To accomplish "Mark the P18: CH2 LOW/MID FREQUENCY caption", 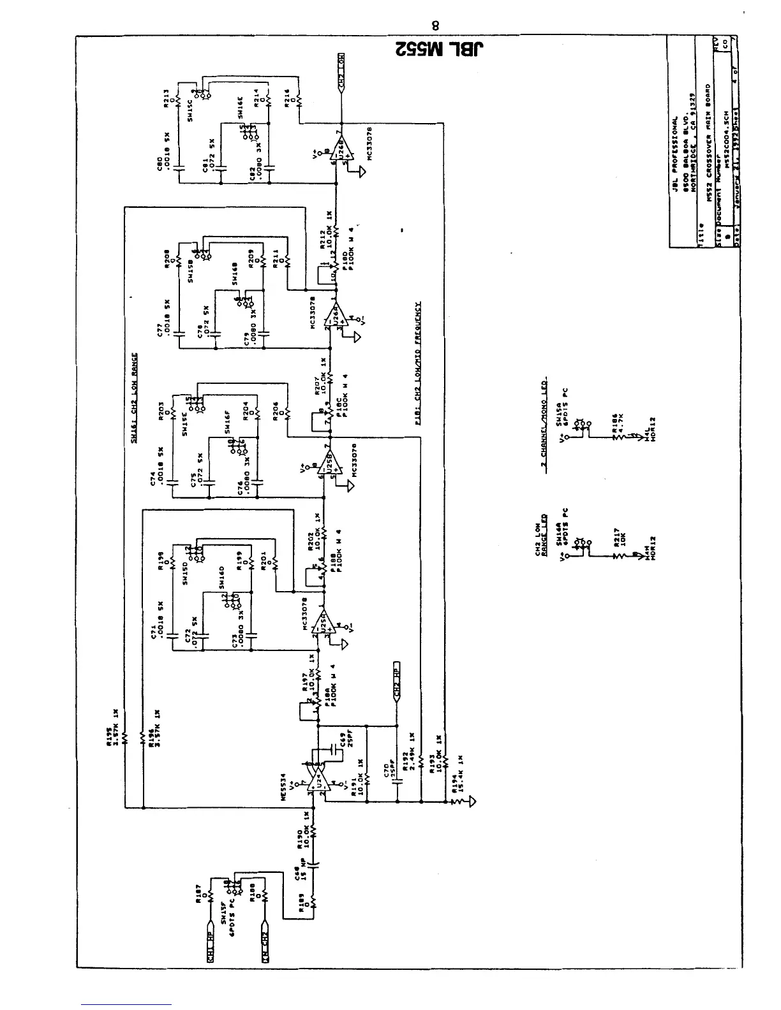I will [x=417, y=361].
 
